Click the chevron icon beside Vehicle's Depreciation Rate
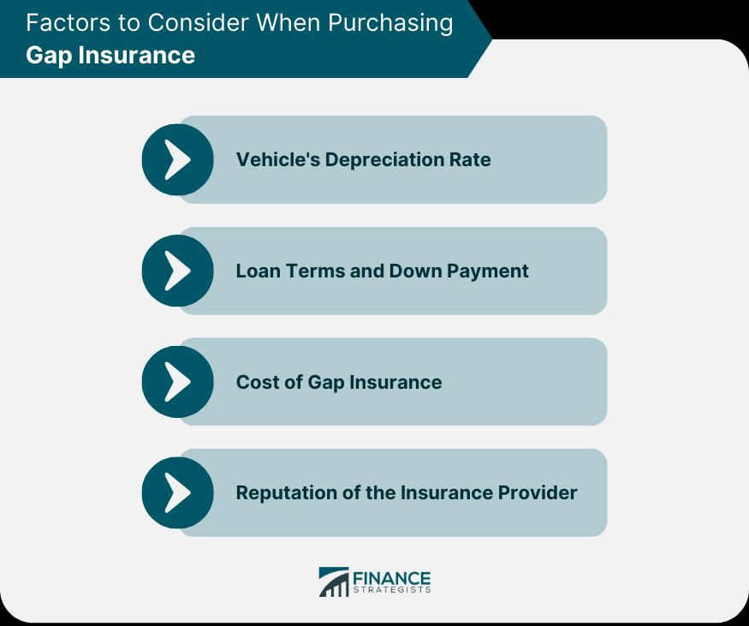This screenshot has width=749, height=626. coord(177,159)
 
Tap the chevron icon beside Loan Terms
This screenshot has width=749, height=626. coord(177,271)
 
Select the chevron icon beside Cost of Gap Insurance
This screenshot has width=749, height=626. coord(177,382)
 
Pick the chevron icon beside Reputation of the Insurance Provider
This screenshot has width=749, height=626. coord(177,492)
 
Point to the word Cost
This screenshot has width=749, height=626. coord(255,382)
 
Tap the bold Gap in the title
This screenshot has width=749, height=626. coord(46,56)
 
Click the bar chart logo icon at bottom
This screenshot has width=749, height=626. coord(334,581)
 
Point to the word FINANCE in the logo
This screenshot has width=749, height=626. coord(393,578)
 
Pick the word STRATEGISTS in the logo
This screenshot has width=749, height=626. coord(393,590)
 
